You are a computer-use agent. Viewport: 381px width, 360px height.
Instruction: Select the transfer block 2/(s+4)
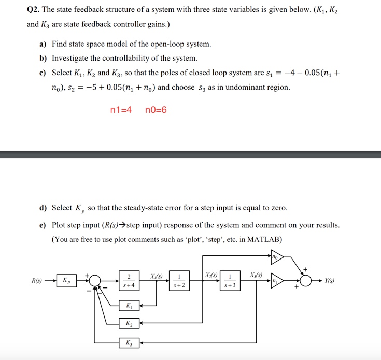[x=129, y=280]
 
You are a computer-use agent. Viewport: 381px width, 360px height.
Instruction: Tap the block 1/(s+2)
[x=179, y=280]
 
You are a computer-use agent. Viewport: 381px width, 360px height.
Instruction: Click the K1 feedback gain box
[x=129, y=305]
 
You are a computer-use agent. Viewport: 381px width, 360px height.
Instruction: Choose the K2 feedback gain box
[x=129, y=324]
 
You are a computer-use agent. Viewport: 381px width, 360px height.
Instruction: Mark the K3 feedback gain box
[x=129, y=342]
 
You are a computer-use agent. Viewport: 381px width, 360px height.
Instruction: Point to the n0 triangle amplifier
[x=276, y=256]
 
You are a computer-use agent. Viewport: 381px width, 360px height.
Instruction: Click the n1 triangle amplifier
[x=276, y=280]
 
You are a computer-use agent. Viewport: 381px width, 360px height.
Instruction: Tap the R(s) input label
[x=37, y=281]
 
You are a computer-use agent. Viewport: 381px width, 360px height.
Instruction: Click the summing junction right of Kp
[x=95, y=280]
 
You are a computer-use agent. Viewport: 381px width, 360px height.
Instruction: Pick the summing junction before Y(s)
[x=306, y=280]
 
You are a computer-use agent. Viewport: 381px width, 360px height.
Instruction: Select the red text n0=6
[x=156, y=110]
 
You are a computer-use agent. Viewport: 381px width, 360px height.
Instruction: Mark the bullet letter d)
[x=44, y=208]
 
